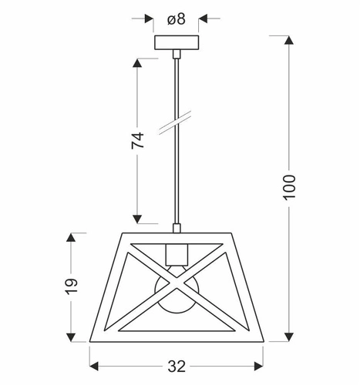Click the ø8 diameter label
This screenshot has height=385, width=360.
tap(177, 18)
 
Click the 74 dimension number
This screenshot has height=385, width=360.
tap(137, 140)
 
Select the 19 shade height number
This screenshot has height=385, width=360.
tap(71, 286)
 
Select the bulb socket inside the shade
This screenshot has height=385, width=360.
tap(177, 253)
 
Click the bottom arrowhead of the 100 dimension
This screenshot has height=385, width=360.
tap(290, 340)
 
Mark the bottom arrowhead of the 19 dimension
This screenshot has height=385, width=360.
tap(71, 339)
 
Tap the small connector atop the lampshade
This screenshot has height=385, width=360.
tap(177, 227)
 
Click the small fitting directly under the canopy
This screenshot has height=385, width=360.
tap(177, 53)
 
